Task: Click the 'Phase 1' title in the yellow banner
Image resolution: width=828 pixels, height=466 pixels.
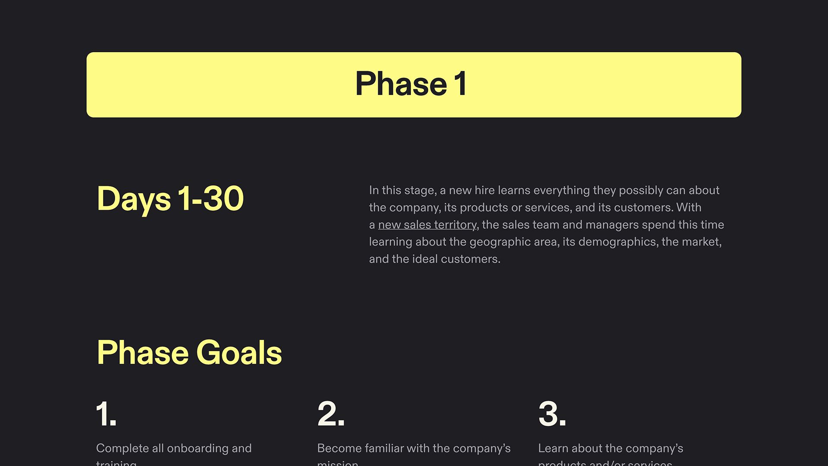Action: [x=411, y=84]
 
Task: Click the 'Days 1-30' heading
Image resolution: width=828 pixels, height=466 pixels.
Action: [x=170, y=199]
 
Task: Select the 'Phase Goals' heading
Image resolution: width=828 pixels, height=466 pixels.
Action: [x=189, y=353]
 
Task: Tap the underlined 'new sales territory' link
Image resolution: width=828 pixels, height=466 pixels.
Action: [x=427, y=225]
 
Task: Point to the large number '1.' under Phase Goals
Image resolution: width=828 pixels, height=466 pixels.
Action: [x=106, y=414]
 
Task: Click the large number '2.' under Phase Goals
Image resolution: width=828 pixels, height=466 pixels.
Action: [x=331, y=414]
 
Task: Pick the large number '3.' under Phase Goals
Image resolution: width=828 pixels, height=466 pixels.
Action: [x=552, y=414]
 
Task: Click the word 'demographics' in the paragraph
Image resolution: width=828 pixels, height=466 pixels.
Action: [x=618, y=242]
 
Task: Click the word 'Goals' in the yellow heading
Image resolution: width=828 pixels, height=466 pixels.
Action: [x=239, y=353]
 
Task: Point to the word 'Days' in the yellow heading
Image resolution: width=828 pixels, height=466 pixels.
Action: [x=134, y=199]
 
